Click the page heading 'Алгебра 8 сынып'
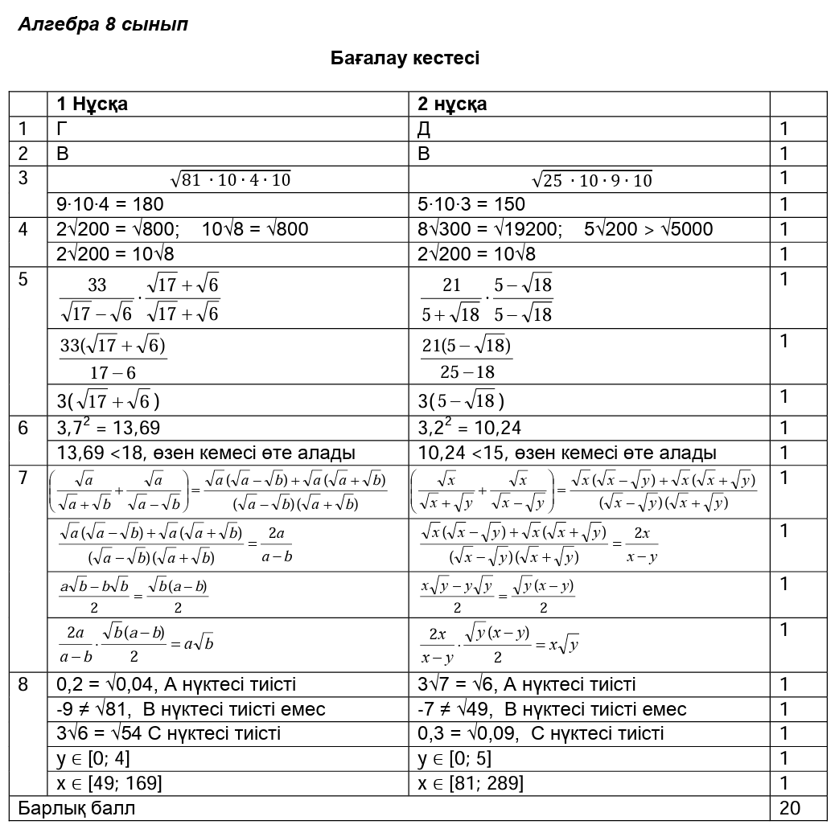(x=103, y=24)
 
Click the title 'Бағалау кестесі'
(x=405, y=58)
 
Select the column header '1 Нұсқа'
(x=93, y=104)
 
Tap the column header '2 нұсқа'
(x=452, y=104)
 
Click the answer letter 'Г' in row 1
(x=62, y=129)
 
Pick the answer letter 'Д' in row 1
(x=425, y=129)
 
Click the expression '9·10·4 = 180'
(x=109, y=204)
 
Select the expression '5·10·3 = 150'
(x=471, y=204)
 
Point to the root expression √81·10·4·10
(x=230, y=179)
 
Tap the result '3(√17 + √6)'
(x=108, y=400)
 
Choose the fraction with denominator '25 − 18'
(x=467, y=358)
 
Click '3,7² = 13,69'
(x=109, y=428)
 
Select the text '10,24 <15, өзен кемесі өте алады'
(x=567, y=453)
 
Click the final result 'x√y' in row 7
(x=564, y=644)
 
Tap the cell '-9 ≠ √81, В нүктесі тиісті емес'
(x=191, y=709)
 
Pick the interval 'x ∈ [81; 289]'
(x=471, y=783)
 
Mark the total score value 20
(x=790, y=808)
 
